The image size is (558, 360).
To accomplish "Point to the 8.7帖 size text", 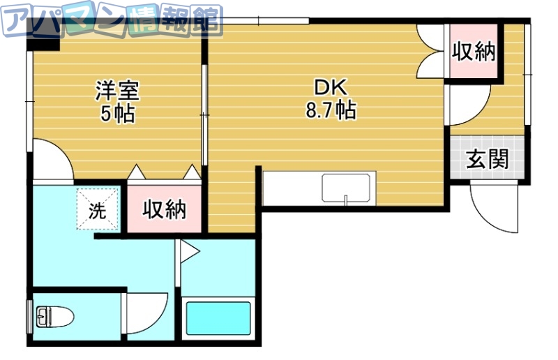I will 330,110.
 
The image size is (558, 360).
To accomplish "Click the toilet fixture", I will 54,318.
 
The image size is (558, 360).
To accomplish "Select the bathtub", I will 216,320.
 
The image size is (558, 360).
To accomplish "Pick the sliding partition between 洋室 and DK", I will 204,112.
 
